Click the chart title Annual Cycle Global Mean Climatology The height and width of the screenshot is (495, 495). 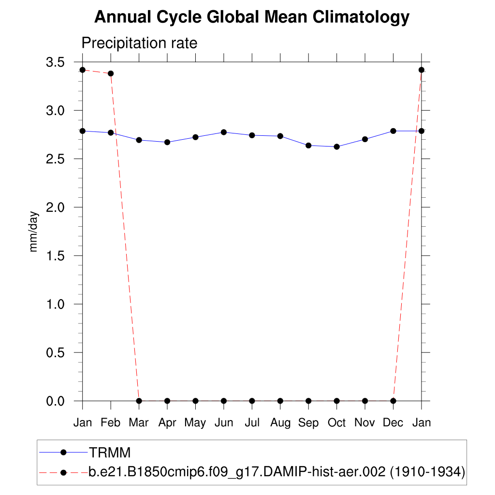[251, 17]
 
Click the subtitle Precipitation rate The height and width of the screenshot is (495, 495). [139, 43]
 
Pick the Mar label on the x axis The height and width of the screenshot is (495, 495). [139, 423]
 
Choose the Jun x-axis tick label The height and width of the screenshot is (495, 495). [224, 423]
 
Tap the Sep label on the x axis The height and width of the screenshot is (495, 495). [308, 423]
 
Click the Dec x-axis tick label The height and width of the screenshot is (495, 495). [393, 423]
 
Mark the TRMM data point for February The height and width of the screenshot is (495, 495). [111, 132]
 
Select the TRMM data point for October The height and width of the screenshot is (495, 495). [336, 146]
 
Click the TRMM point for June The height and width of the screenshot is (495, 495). [224, 132]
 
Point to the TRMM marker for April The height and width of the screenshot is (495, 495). [167, 142]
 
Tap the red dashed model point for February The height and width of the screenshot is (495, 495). [111, 73]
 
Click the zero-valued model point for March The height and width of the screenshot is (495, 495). [139, 401]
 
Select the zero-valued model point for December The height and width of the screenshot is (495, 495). [393, 401]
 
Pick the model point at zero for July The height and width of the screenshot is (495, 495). [252, 401]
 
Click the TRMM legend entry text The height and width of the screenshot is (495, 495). [110, 452]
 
